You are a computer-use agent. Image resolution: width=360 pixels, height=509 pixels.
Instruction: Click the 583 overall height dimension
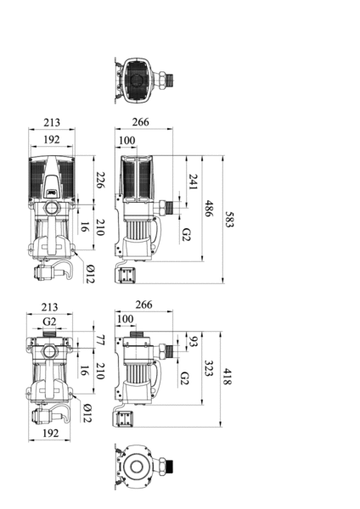(229, 220)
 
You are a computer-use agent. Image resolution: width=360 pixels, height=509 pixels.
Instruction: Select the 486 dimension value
(209, 209)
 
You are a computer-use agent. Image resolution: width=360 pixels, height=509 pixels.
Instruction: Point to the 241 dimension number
(193, 182)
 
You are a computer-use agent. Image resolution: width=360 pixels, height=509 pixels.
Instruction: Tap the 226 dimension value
(100, 180)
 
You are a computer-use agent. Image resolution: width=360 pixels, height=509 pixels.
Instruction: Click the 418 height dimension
(227, 377)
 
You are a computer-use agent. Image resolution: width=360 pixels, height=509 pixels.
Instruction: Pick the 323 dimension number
(208, 368)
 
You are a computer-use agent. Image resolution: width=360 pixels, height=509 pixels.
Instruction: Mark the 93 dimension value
(193, 342)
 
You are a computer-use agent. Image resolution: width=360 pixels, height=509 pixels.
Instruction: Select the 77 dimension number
(100, 340)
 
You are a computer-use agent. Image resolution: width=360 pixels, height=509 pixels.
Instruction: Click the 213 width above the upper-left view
(52, 122)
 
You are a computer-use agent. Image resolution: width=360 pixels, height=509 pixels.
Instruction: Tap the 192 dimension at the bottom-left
(51, 433)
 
